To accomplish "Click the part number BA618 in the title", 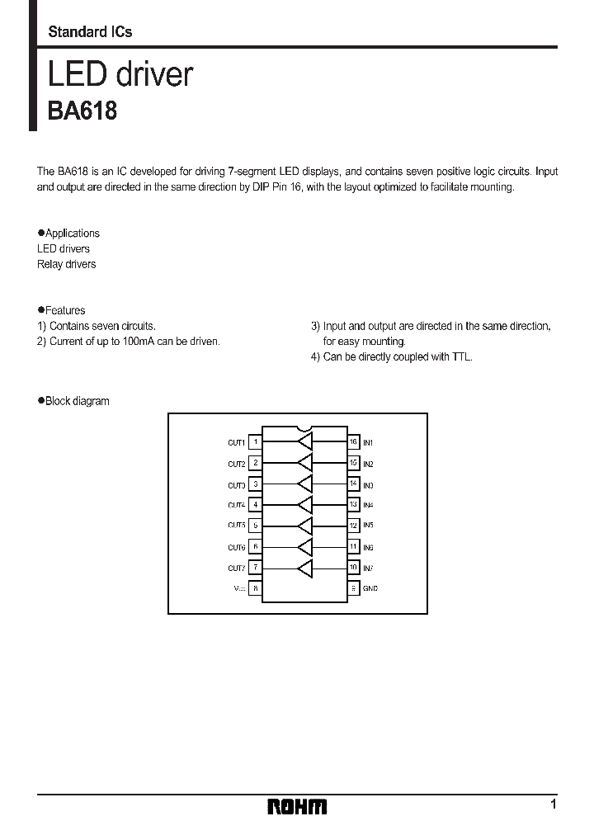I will [82, 111].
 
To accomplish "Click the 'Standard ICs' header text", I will [90, 32].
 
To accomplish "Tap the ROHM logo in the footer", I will [297, 806].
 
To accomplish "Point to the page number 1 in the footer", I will [553, 804].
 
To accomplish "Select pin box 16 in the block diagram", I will [353, 442].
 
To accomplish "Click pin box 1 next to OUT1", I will [256, 442].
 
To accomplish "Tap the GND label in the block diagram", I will [370, 588].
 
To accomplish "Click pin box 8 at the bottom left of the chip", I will [256, 588].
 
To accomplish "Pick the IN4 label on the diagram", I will [368, 504].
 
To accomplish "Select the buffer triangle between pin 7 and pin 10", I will [305, 568].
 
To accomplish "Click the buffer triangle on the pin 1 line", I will [305, 442].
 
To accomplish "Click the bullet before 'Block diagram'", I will [40, 401].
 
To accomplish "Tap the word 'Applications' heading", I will [73, 234].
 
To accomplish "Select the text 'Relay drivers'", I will [66, 264].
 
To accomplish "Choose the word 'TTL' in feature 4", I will [462, 356].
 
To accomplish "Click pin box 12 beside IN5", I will [353, 525].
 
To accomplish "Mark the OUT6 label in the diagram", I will [237, 547].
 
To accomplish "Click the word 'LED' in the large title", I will [77, 74].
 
